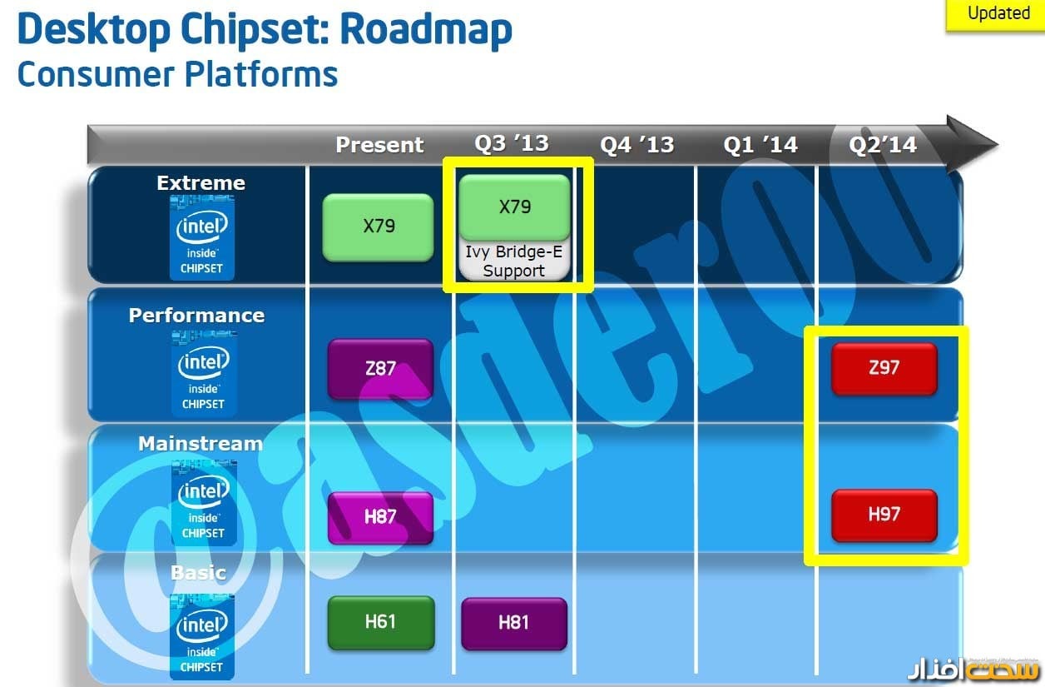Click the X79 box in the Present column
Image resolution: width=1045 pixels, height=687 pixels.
tap(379, 227)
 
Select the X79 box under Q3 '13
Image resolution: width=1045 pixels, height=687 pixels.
tap(514, 207)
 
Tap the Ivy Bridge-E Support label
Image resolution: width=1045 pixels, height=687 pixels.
tap(514, 261)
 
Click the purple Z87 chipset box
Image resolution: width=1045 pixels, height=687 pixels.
tap(380, 368)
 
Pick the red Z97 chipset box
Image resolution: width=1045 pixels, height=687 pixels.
tap(884, 367)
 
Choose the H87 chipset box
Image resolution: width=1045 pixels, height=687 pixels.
tap(380, 517)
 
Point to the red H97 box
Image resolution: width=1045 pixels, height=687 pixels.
tap(884, 515)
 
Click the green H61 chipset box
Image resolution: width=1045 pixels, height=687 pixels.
tap(380, 622)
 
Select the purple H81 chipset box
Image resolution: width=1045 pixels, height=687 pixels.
tap(513, 622)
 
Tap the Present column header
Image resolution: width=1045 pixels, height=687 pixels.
tap(379, 145)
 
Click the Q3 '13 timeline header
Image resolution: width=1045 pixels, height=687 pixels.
tap(512, 143)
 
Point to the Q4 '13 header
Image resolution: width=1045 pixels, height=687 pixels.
tap(636, 145)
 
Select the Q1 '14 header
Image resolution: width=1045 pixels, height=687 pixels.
tap(760, 145)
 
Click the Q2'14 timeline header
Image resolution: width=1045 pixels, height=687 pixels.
tap(882, 145)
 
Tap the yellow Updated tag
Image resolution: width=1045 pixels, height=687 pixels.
tap(998, 14)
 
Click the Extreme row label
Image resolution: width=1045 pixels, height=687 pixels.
tap(201, 183)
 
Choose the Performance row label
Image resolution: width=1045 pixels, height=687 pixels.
tap(196, 316)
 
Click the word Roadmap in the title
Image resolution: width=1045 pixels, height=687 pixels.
tap(426, 30)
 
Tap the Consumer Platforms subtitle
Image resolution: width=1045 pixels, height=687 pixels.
tap(177, 73)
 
